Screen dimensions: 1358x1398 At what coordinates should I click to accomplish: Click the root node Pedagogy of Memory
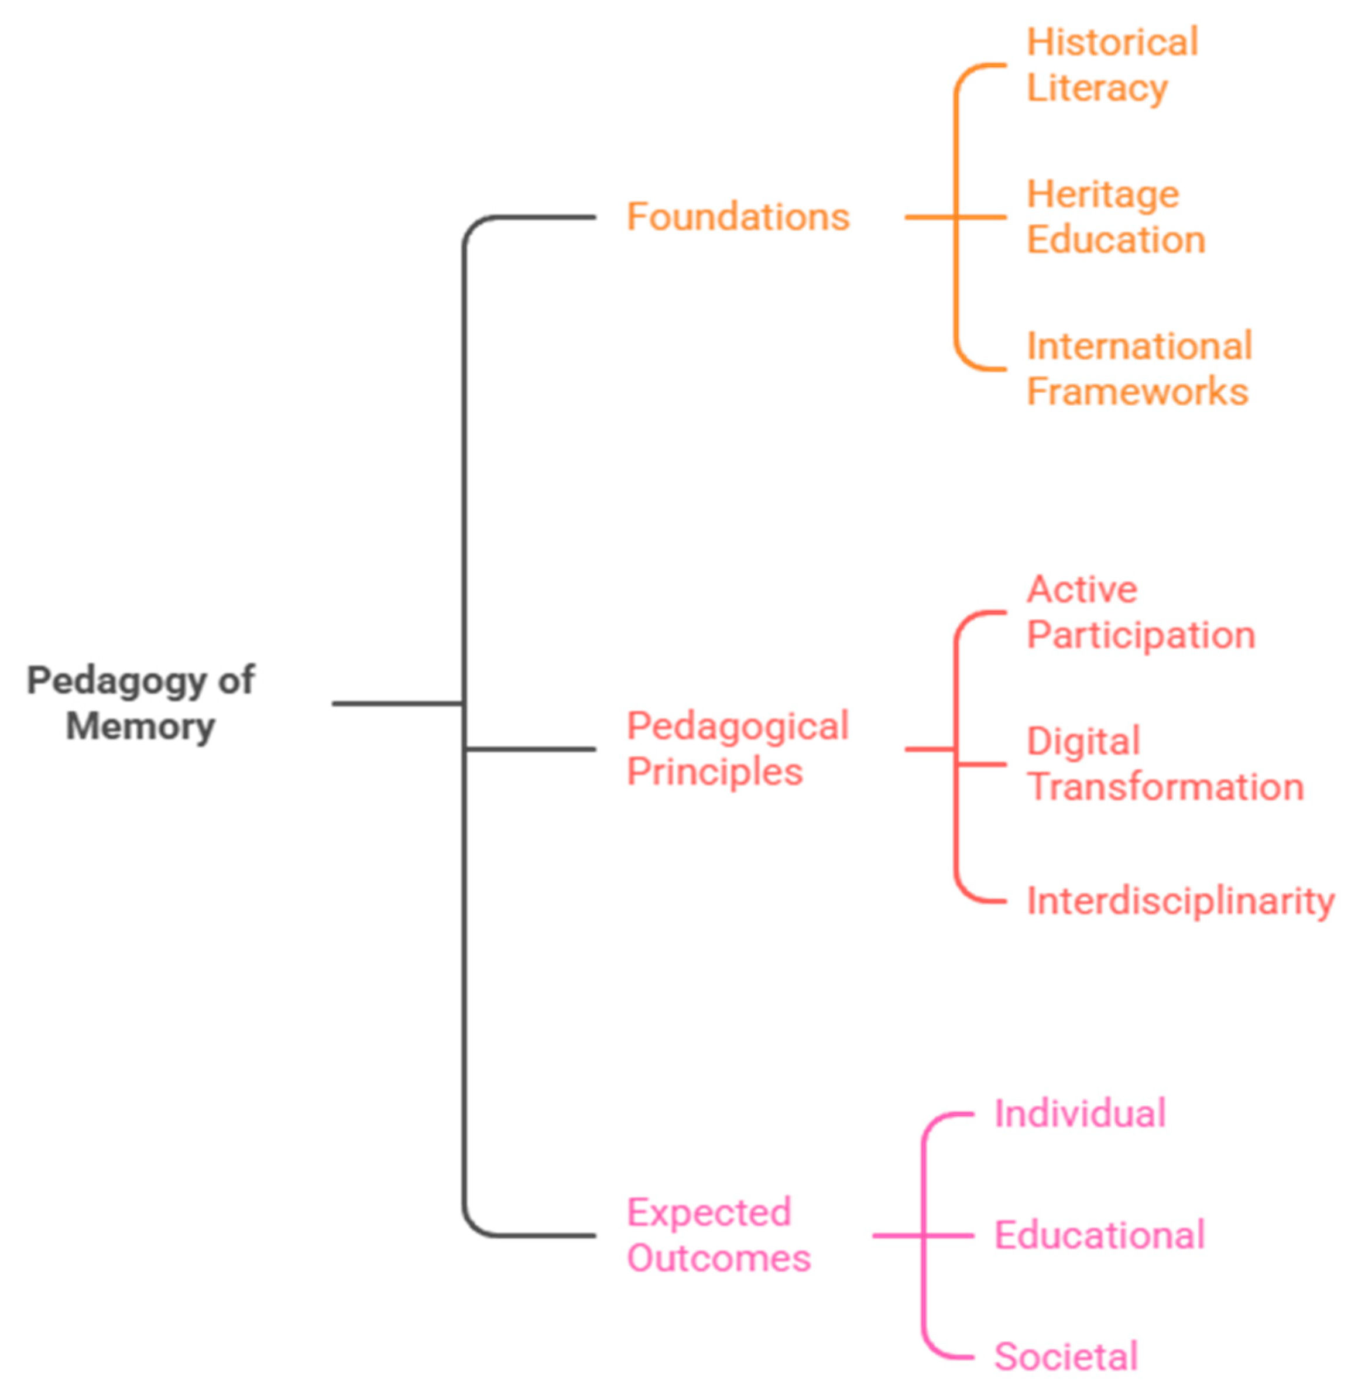pos(140,703)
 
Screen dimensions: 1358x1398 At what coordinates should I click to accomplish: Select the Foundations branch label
pos(738,216)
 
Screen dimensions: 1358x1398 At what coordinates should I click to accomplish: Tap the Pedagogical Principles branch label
pos(738,748)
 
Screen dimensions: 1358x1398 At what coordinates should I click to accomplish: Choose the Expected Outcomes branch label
pos(718,1235)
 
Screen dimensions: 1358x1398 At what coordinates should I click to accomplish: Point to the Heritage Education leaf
pos(1116,216)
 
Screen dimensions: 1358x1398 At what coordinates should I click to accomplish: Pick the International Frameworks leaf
pos(1139,369)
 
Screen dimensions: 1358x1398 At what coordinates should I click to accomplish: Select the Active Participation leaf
pos(1140,612)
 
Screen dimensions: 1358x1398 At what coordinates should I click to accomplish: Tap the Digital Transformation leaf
pos(1165,764)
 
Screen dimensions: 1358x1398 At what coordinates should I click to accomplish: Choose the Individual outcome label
pos(1080,1113)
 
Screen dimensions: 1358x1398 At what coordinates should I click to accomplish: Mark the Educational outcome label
pos(1099,1235)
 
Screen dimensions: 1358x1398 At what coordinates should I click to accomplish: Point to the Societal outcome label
pos(1065,1356)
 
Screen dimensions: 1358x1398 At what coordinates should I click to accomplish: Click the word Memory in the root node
pos(140,726)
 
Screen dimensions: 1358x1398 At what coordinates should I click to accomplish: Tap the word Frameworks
pos(1137,392)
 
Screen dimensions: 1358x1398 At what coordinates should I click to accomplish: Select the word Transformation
pos(1165,787)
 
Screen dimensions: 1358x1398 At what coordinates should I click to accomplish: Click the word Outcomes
pos(719,1257)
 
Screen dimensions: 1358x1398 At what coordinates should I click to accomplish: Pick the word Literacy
pos(1097,88)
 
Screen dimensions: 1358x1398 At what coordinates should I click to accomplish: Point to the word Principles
pos(715,771)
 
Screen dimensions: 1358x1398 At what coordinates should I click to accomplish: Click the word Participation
pos(1140,635)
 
